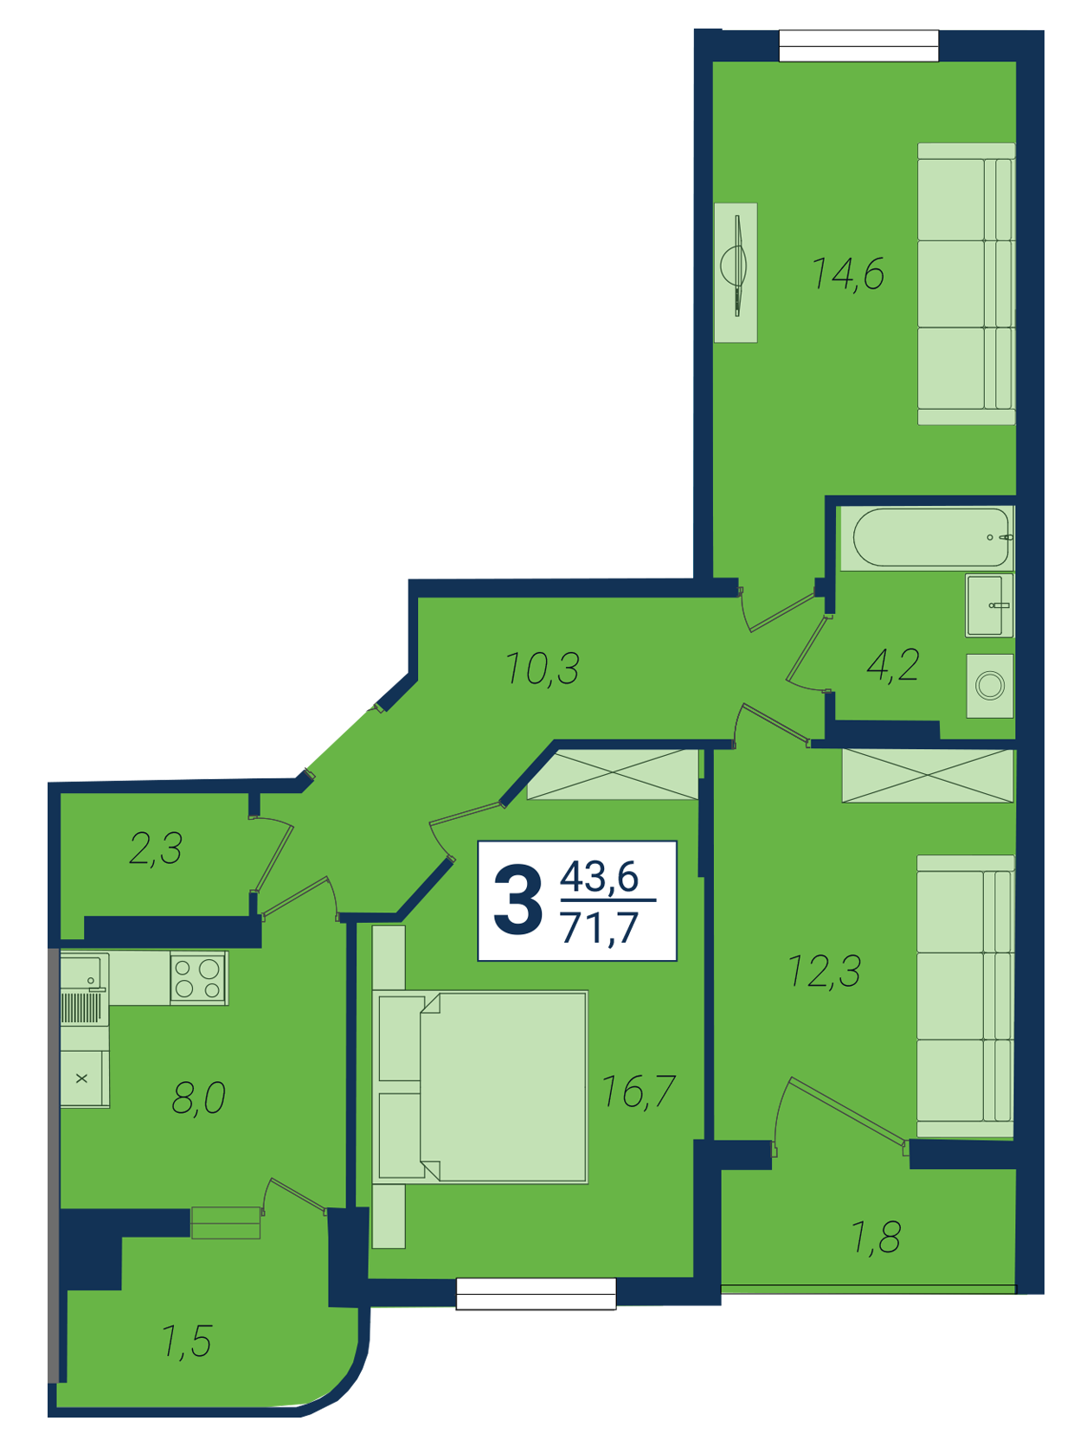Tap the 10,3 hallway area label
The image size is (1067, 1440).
[x=542, y=668]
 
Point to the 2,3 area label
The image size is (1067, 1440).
[x=156, y=848]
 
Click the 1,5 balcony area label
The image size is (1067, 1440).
[x=187, y=1342]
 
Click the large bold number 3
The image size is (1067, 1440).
[x=517, y=900]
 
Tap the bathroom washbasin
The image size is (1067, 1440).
[x=989, y=605]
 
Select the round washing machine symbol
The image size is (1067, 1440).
[x=990, y=686]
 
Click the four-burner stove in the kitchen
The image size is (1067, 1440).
[x=199, y=978]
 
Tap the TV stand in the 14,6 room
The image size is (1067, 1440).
[x=736, y=272]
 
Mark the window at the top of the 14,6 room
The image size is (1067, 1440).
[x=858, y=46]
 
